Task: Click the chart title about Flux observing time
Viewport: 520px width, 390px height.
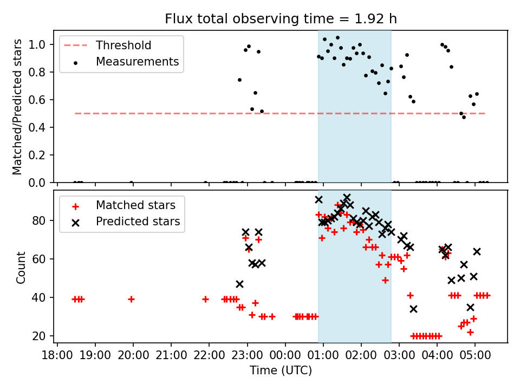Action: pos(281,18)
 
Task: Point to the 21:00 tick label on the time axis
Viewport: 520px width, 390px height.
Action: pos(171,355)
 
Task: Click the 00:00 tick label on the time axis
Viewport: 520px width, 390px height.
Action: pos(285,355)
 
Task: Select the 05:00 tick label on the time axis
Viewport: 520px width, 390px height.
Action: pos(475,355)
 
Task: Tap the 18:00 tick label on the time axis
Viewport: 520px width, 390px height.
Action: pos(57,355)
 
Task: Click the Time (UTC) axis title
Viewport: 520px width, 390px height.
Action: pos(281,370)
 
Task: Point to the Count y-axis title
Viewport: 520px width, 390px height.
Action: pos(21,268)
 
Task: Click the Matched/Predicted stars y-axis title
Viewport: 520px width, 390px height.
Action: pos(17,107)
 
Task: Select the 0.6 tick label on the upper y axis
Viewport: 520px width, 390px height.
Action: pos(37,100)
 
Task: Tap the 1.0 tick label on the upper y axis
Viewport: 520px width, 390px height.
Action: pos(37,44)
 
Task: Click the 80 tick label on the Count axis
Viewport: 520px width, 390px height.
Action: pos(39,220)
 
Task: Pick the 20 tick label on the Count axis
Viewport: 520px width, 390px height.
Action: pos(39,336)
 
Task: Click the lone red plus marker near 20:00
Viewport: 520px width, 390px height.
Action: pos(131,300)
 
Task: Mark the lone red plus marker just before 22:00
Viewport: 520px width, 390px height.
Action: pos(206,300)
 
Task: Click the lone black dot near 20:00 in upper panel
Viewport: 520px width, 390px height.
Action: pos(131,183)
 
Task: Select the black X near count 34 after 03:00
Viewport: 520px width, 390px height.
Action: pos(413,309)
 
